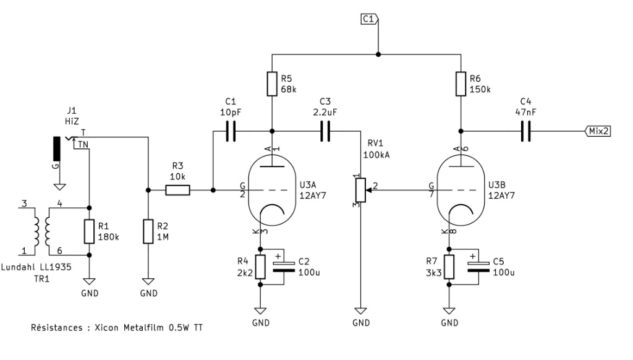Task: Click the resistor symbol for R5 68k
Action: (272, 84)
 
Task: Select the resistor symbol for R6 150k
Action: (461, 84)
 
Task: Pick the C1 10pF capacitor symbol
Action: (232, 131)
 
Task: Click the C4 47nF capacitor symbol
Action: (527, 131)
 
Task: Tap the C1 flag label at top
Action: (369, 20)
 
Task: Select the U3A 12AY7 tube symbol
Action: (272, 191)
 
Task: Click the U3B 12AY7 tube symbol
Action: (461, 191)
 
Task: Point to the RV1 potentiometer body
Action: (360, 191)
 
